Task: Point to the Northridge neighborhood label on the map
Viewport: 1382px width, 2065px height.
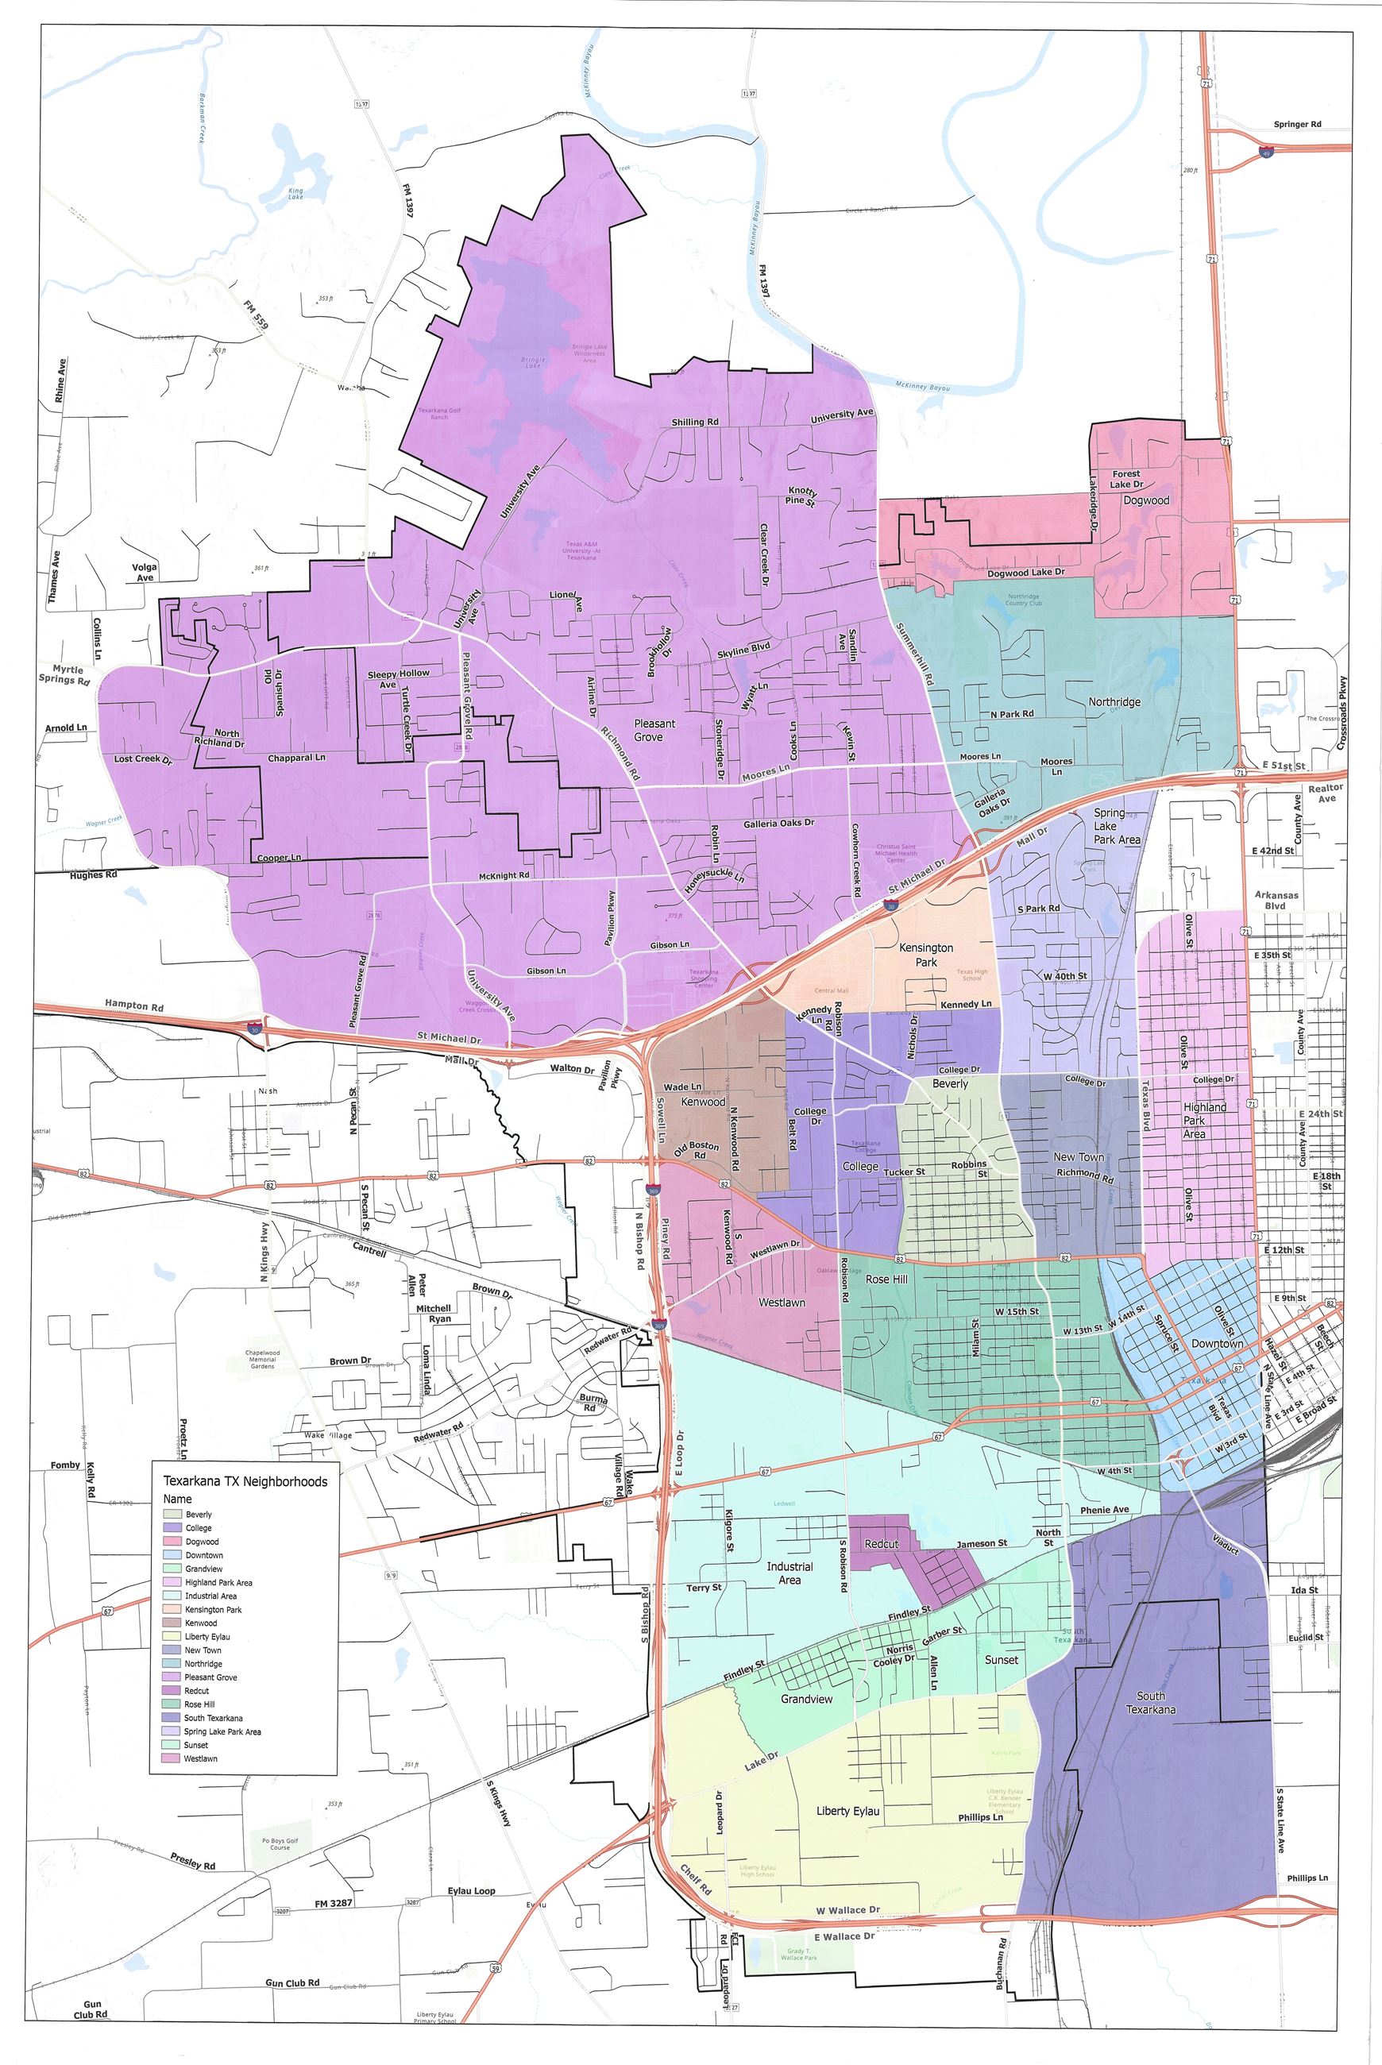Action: click(x=1114, y=702)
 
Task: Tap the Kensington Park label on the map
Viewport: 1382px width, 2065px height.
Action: click(x=925, y=955)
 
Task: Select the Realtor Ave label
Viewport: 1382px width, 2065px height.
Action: click(x=1326, y=793)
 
